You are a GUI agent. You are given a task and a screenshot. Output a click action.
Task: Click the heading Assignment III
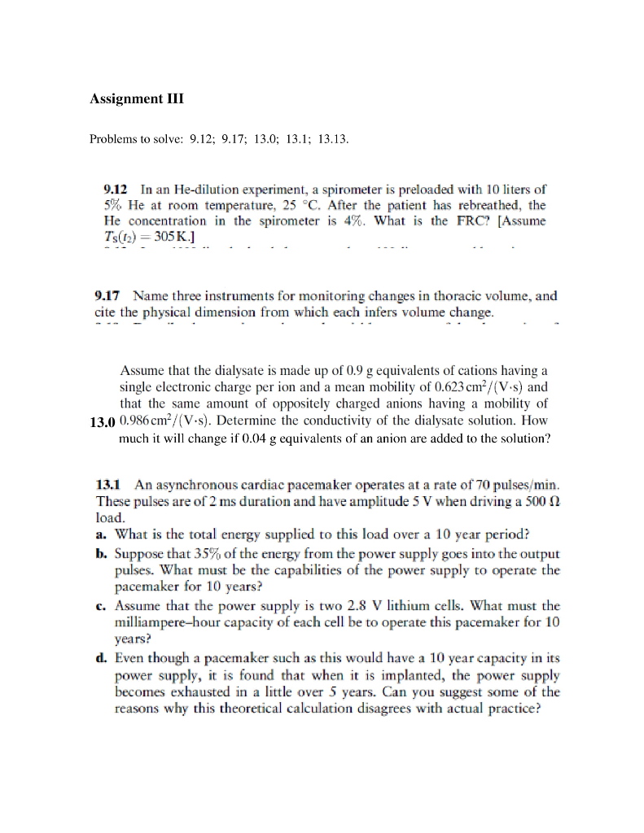[137, 99]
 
